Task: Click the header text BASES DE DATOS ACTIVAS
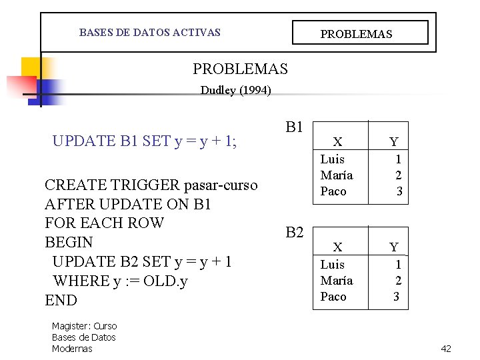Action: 149,32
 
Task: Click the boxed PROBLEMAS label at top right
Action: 357,33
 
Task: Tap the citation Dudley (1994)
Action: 235,91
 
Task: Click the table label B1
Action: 295,127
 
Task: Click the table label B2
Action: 295,232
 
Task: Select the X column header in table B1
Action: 337,141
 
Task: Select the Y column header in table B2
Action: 394,247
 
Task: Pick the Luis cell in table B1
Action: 333,159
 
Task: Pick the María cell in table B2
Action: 336,280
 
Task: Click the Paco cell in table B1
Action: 333,191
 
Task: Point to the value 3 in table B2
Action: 396,297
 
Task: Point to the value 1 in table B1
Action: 398,159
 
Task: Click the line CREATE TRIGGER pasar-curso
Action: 151,185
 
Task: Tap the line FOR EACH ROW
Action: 104,223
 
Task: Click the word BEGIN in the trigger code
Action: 69,242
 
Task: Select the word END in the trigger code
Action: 61,300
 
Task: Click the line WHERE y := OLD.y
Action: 120,281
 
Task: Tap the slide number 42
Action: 446,349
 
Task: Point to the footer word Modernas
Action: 72,349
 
